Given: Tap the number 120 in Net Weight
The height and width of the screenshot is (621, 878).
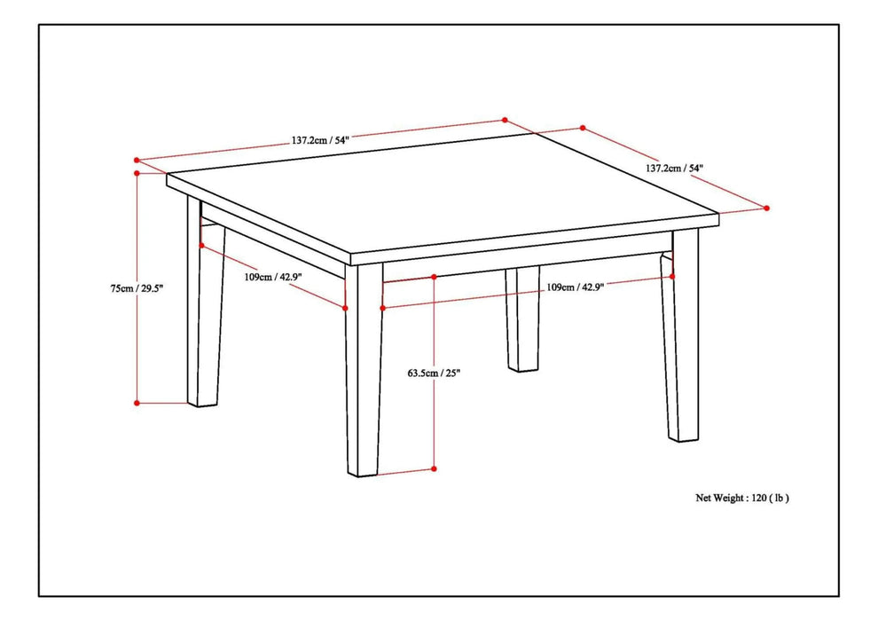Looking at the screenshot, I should point(759,498).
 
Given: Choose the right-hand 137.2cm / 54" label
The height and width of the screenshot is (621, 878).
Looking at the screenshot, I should point(674,167).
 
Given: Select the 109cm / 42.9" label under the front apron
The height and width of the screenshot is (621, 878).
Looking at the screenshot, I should point(576,287).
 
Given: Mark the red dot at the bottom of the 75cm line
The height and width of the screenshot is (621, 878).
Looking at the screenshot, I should point(137,403).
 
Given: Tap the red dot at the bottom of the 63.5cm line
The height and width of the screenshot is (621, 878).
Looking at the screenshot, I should point(434,468).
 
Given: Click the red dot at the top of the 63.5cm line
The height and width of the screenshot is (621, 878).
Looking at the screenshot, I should point(434,277).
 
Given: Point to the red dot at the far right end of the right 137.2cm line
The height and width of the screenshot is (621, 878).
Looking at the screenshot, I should point(767,208).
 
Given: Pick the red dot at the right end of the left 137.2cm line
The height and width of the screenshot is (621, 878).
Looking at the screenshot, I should point(505,120).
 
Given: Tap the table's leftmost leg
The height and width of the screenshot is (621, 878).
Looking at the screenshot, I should point(205,310).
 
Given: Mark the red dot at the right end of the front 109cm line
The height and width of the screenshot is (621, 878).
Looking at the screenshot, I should point(672,276).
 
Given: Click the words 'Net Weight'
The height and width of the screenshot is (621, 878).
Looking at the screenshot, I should point(718,498).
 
